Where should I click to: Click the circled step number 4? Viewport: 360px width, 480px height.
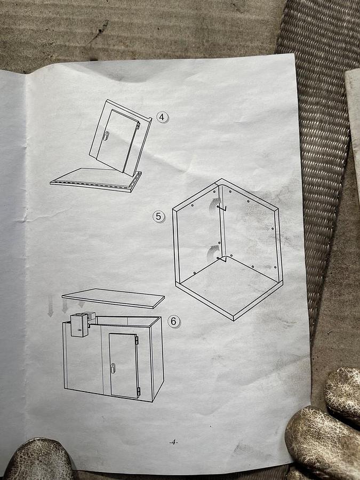162,117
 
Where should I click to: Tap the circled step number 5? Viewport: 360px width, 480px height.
158,217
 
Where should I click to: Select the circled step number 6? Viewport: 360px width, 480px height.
173,322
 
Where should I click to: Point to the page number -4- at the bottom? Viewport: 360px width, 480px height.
173,442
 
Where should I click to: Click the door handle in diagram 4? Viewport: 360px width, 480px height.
105,136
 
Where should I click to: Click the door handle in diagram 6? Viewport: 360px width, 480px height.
113,368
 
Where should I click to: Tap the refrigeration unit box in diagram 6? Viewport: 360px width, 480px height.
79,325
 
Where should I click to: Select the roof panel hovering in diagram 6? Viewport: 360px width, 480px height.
113,298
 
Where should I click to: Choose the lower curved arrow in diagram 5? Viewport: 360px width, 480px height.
211,254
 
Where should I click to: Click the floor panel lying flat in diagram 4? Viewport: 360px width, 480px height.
95,180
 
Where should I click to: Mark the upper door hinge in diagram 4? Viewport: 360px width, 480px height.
138,125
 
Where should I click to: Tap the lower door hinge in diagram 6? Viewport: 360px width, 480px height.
138,391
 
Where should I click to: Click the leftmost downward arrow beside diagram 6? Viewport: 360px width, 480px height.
51,309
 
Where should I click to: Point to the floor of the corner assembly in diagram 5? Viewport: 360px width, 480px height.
229,285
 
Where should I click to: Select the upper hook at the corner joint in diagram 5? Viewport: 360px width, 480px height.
222,208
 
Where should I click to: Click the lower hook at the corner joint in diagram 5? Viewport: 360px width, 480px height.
221,260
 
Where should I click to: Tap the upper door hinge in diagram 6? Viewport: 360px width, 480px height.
137,340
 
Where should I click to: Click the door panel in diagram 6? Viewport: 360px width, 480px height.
124,365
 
